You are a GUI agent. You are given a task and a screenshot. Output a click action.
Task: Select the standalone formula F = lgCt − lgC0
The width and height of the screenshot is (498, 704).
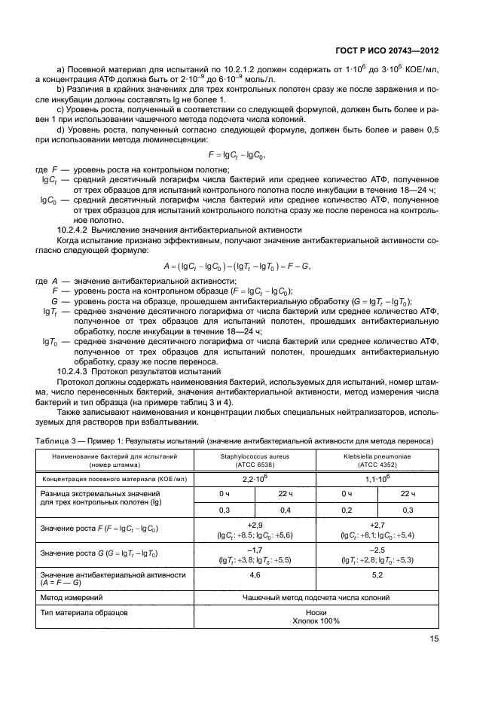point(237,154)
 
